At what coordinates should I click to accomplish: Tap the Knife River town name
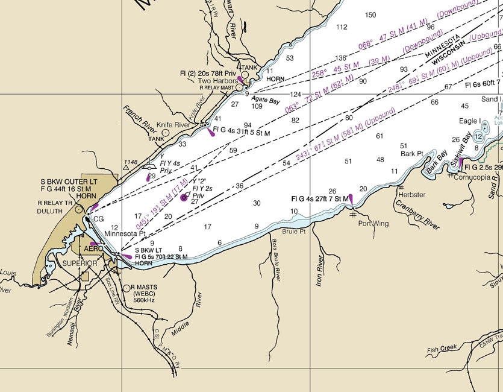tap(173, 125)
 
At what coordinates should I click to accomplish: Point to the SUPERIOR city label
tap(80, 264)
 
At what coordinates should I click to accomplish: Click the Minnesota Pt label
tap(125, 233)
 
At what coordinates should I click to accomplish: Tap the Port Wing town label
tap(373, 224)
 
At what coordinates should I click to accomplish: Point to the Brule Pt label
tap(294, 232)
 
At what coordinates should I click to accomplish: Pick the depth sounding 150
tap(370, 15)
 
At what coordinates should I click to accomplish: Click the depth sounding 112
tap(342, 27)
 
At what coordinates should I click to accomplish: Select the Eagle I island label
tap(470, 121)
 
